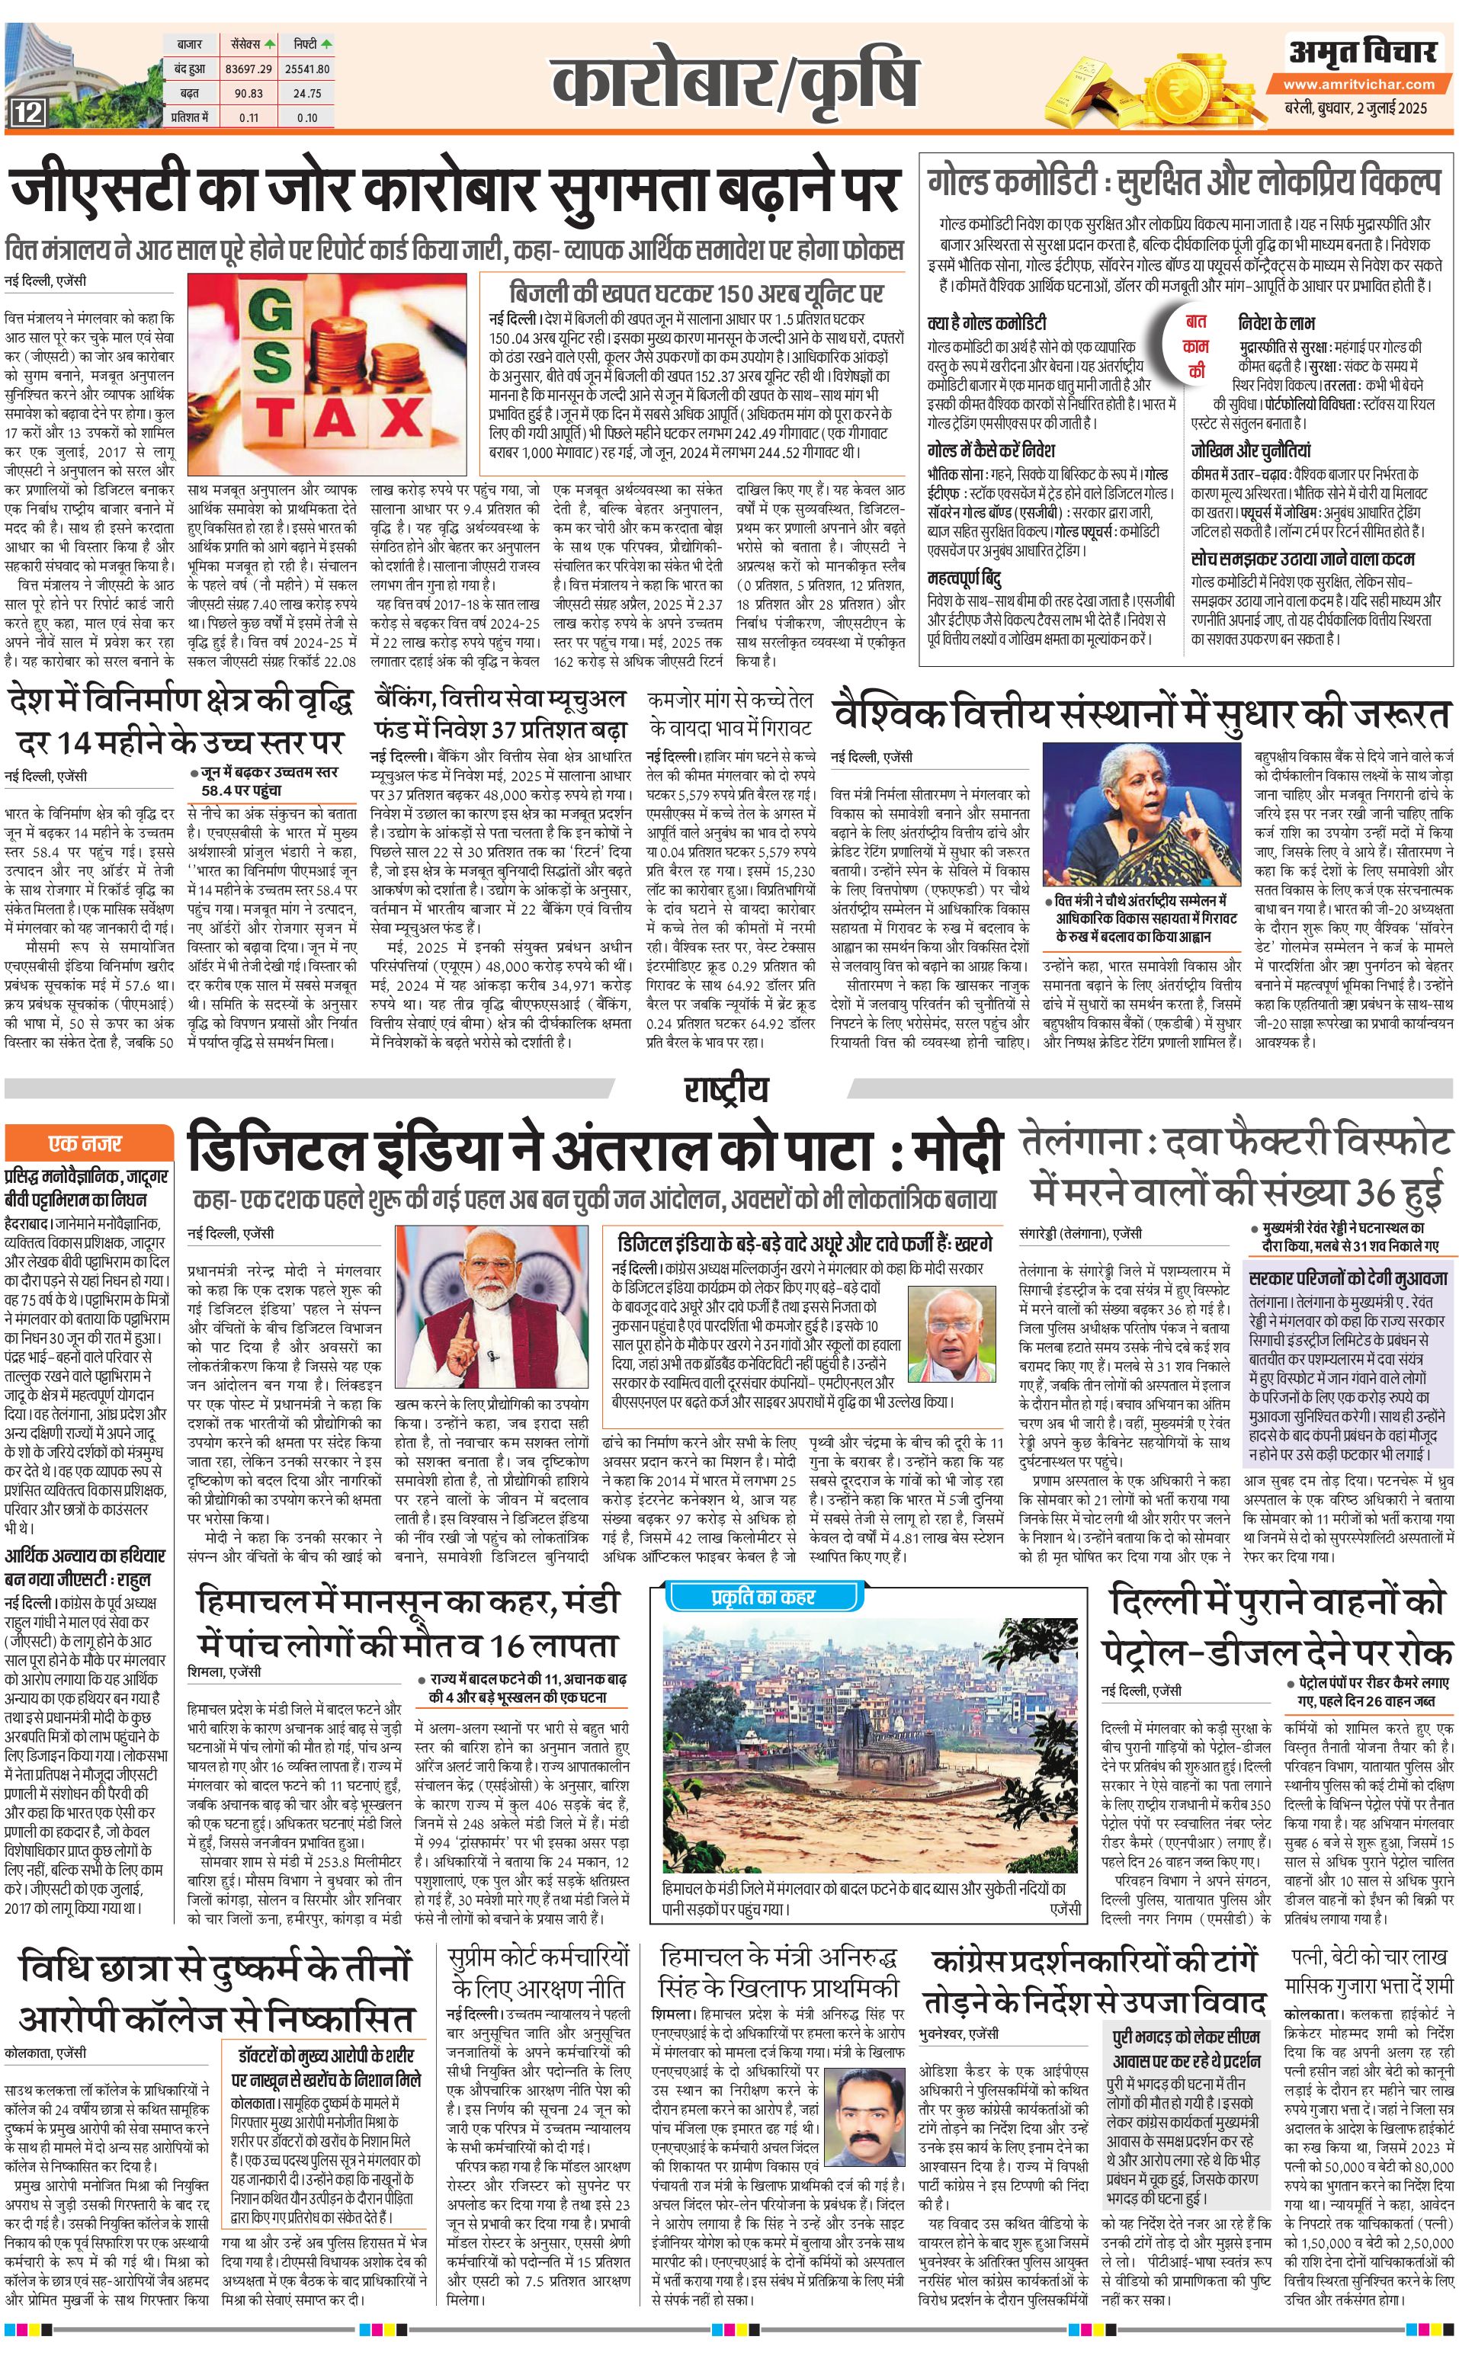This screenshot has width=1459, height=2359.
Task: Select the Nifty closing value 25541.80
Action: pyautogui.click(x=308, y=69)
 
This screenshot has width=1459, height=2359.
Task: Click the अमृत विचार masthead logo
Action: pyautogui.click(x=1360, y=53)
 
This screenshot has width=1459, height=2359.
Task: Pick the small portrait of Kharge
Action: pyautogui.click(x=948, y=1335)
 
